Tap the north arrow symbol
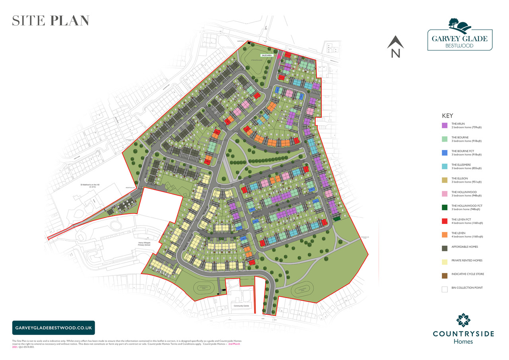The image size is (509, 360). click(x=395, y=46)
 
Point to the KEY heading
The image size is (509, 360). click(x=447, y=116)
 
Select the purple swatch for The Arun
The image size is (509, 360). click(x=445, y=126)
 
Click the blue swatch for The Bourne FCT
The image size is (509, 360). click(x=445, y=153)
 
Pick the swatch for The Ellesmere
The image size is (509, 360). click(x=445, y=166)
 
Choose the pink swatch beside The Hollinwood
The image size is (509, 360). click(x=445, y=194)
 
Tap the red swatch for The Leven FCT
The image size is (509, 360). click(x=445, y=221)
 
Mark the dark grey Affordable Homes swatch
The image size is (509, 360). click(x=445, y=248)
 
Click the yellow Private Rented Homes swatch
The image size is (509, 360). click(x=445, y=262)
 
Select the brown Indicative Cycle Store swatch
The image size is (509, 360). click(x=445, y=276)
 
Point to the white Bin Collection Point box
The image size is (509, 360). click(x=445, y=289)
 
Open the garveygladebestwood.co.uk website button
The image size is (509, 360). click(x=54, y=328)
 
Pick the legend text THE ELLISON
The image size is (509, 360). click(x=459, y=179)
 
